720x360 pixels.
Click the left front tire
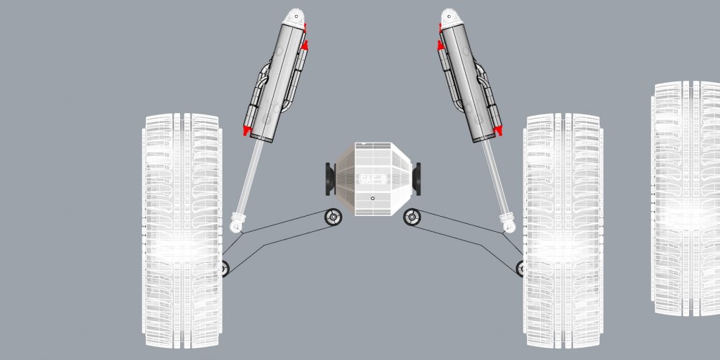(182, 230)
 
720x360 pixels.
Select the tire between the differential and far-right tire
(563, 230)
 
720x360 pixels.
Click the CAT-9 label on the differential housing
(373, 178)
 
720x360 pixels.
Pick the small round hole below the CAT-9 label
(372, 198)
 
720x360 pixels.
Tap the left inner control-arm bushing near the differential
(333, 217)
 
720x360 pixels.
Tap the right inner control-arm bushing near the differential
(412, 216)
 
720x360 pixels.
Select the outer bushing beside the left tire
(224, 269)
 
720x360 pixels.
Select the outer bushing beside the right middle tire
(521, 268)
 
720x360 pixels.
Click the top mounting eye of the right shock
(451, 15)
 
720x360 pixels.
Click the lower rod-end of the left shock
(236, 225)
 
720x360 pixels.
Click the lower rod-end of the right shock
(509, 225)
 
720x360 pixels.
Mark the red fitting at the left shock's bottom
(247, 130)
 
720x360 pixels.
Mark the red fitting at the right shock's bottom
(497, 130)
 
